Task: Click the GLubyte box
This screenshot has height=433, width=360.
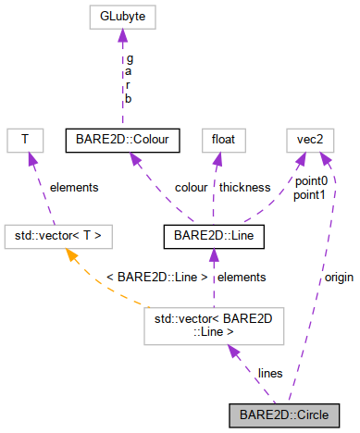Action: (x=122, y=16)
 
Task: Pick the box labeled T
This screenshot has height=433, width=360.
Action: (x=25, y=141)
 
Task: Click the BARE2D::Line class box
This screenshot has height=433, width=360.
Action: (x=216, y=236)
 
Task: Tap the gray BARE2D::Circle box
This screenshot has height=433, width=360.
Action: (x=283, y=414)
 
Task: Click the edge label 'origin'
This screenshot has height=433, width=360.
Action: (x=338, y=278)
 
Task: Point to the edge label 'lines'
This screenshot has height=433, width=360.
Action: (x=270, y=373)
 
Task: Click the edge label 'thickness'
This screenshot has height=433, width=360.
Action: (x=244, y=187)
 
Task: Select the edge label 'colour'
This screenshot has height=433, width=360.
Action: (x=191, y=187)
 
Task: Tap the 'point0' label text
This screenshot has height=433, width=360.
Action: (x=310, y=180)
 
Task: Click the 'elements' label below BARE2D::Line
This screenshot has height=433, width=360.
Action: (x=241, y=277)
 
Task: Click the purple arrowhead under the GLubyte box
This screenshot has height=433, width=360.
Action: (x=122, y=35)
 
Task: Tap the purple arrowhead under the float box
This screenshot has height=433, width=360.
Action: (x=218, y=159)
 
